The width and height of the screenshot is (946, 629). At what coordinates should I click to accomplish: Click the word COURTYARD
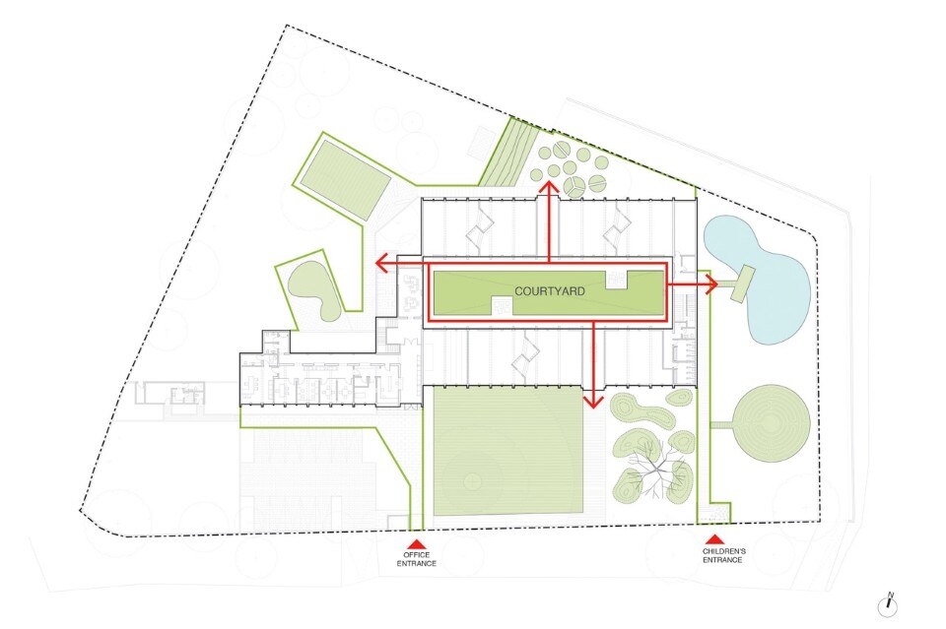pos(549,291)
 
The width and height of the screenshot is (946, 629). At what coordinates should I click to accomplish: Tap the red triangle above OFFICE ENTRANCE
pos(417,542)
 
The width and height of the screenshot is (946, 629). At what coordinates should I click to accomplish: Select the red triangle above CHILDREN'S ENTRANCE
pos(715,539)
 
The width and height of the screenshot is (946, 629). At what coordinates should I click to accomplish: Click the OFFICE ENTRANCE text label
pos(416,559)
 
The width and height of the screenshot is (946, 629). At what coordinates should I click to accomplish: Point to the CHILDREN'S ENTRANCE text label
pos(723,555)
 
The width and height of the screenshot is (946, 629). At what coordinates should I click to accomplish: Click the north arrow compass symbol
pos(889,606)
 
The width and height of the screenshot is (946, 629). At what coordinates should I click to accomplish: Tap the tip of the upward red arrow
pos(549,181)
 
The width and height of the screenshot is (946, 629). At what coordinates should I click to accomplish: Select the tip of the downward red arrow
pos(593,408)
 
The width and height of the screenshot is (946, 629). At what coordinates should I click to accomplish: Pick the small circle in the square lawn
pos(474,479)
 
